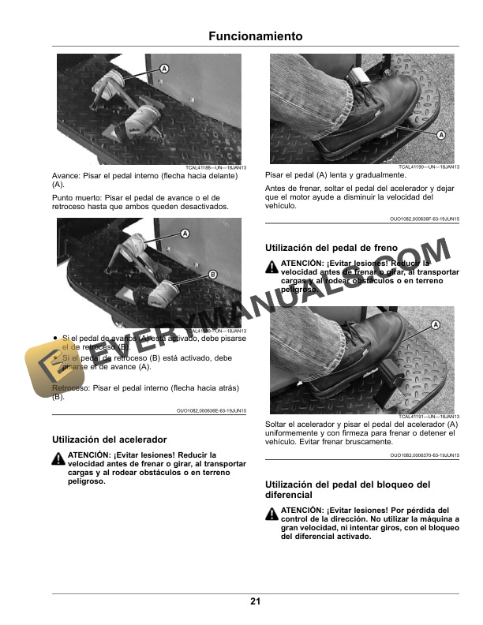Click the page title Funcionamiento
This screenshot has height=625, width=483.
pos(256,36)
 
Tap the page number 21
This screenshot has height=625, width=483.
pos(256,601)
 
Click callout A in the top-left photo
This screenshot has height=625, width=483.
pos(164,69)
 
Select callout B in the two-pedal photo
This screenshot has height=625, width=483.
pos(212,274)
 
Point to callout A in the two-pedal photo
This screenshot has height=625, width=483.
pos(185,234)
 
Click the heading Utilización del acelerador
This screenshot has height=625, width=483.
pos(110,439)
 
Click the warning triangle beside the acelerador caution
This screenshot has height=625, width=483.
pos(58,458)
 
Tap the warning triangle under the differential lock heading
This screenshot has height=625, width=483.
pos(272,513)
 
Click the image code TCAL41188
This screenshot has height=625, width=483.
pos(216,168)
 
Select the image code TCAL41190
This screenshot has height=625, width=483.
pos(429,167)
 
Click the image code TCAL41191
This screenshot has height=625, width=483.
pos(429,417)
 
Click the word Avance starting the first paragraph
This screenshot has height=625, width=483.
pos(66,176)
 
